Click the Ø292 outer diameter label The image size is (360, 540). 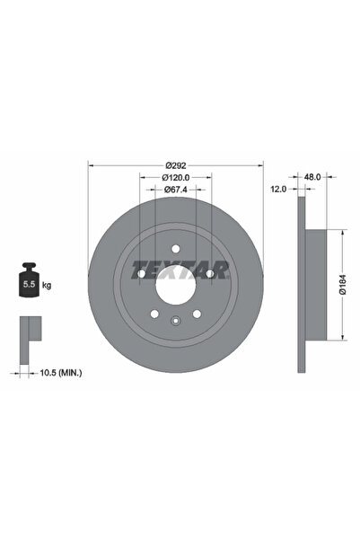[x=176, y=165]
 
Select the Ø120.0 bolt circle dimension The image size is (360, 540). [x=176, y=178]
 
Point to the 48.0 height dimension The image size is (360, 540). [x=312, y=178]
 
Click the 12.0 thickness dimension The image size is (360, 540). [x=278, y=190]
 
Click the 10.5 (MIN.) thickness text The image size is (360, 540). [x=59, y=370]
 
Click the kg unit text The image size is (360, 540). [x=47, y=286]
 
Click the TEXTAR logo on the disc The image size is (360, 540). [x=176, y=266]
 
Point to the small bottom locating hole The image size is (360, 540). [x=176, y=320]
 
